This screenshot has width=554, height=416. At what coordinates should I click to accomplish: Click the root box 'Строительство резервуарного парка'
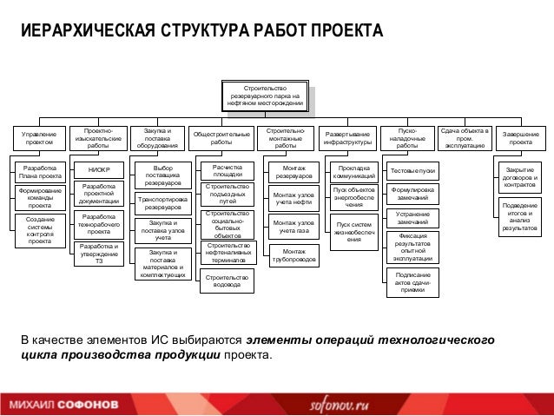point(266,96)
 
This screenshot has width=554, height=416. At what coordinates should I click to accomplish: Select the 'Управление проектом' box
point(38,140)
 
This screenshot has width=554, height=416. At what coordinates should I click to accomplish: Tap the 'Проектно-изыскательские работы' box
point(98,139)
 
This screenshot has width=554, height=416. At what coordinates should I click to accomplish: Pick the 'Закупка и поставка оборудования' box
point(157,139)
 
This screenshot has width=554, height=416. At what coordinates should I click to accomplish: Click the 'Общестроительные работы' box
point(221,139)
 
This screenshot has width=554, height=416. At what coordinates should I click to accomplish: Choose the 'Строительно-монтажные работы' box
point(286,139)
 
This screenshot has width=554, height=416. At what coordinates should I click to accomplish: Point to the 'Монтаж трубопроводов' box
point(293,255)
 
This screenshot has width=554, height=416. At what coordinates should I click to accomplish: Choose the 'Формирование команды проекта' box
point(39,198)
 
